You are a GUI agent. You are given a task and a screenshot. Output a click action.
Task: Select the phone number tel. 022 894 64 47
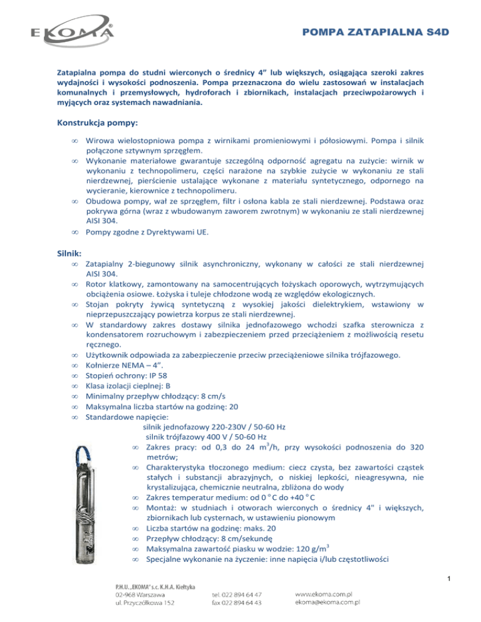(x=237, y=594)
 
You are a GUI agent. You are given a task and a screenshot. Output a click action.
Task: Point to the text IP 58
(x=158, y=377)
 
